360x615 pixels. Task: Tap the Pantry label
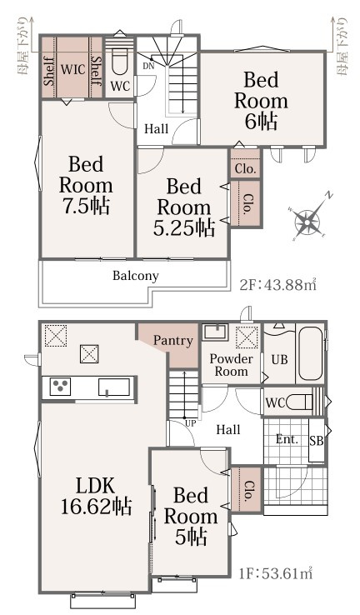pyautogui.click(x=173, y=341)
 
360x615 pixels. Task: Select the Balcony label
pyautogui.click(x=136, y=276)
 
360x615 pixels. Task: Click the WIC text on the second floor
pyautogui.click(x=73, y=69)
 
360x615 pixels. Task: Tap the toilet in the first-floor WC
pyautogui.click(x=300, y=402)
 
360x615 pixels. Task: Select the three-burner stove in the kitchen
pyautogui.click(x=60, y=387)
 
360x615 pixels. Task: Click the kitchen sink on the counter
pyautogui.click(x=113, y=387)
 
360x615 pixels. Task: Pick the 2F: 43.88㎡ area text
pyautogui.click(x=277, y=285)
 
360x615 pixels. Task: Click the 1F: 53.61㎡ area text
pyautogui.click(x=276, y=574)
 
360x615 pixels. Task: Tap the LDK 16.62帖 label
pyautogui.click(x=96, y=496)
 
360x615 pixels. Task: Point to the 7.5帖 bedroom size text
pyautogui.click(x=87, y=206)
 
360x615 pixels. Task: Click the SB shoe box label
pyautogui.click(x=317, y=441)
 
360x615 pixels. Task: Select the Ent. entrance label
pyautogui.click(x=287, y=439)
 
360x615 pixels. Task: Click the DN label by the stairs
pyautogui.click(x=148, y=67)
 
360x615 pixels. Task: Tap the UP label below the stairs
pyautogui.click(x=190, y=423)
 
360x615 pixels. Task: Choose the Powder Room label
pyautogui.click(x=231, y=365)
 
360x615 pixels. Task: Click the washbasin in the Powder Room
pyautogui.click(x=215, y=332)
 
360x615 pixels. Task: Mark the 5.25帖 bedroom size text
pyautogui.click(x=184, y=227)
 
